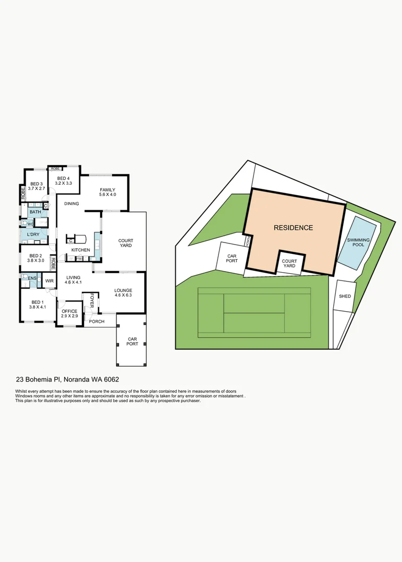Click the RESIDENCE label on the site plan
click(294, 228)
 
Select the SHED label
click(345, 296)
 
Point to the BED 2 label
click(35, 256)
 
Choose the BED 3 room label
click(36, 184)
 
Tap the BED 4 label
click(64, 179)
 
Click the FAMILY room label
click(107, 189)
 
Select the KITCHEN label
click(81, 250)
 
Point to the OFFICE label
click(69, 311)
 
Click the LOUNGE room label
click(124, 290)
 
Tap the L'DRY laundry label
click(34, 235)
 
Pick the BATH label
click(35, 212)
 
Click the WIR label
click(50, 281)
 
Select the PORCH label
click(96, 322)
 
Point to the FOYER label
click(92, 300)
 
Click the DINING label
click(72, 203)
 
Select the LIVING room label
click(73, 277)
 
